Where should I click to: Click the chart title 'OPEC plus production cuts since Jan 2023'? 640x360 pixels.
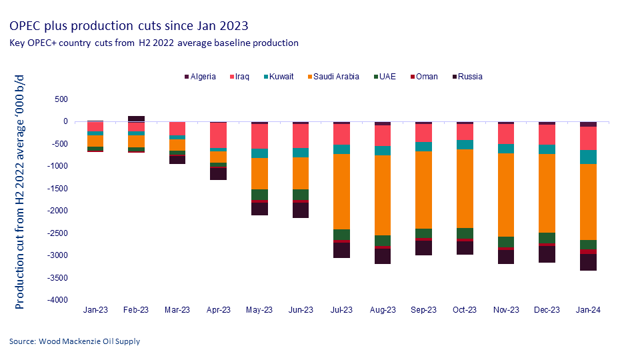pyautogui.click(x=129, y=26)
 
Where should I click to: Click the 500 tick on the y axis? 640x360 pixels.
pyautogui.click(x=61, y=99)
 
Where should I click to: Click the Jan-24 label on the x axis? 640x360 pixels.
pyautogui.click(x=588, y=310)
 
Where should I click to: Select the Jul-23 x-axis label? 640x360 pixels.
pyautogui.click(x=341, y=310)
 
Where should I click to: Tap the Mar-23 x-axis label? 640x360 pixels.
pyautogui.click(x=177, y=310)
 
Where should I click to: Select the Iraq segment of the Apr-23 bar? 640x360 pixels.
pyautogui.click(x=219, y=135)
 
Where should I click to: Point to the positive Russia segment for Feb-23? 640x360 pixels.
pyautogui.click(x=136, y=119)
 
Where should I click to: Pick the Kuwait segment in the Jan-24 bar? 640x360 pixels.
pyautogui.click(x=588, y=157)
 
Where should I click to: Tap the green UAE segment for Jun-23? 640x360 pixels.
pyautogui.click(x=301, y=194)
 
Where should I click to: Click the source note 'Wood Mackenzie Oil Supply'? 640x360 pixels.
pyautogui.click(x=75, y=341)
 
